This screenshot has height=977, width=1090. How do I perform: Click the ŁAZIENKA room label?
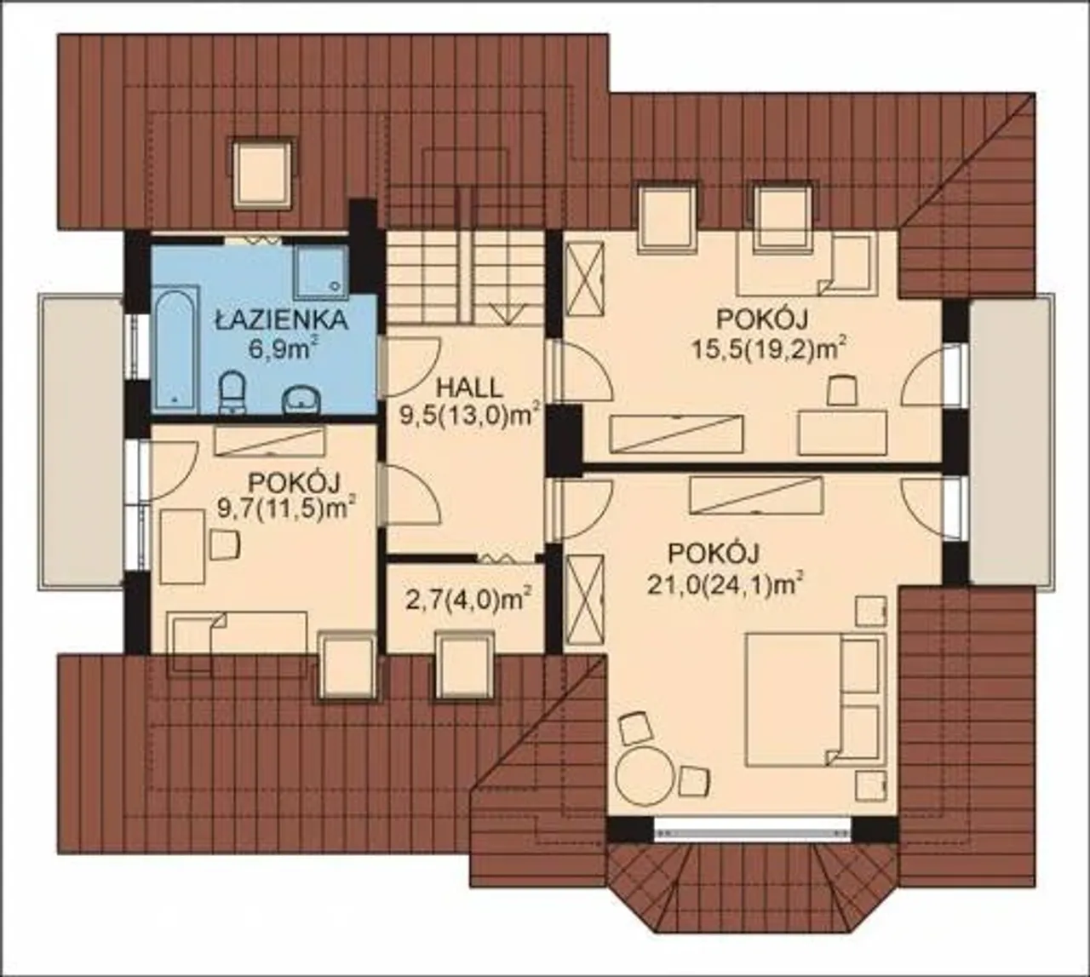(281, 321)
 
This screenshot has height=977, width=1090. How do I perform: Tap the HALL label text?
(470, 388)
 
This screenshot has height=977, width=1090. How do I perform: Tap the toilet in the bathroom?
(232, 392)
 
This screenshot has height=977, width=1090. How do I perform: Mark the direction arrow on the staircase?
(508, 313)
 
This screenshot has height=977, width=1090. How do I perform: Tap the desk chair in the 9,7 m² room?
(225, 545)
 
